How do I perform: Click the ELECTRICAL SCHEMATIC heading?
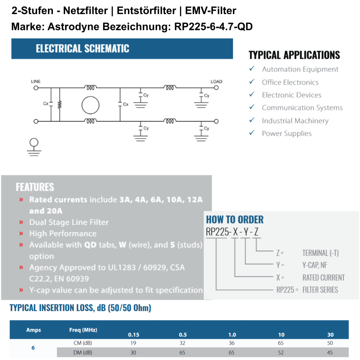coord(82,49)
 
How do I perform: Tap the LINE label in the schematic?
coord(36,81)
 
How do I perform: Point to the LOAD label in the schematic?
coord(216,81)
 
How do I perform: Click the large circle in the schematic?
coord(90,105)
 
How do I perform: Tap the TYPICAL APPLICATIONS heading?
coord(294,55)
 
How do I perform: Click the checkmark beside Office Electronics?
coord(251,82)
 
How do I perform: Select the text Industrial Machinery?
coord(295,121)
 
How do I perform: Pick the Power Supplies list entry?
coord(287,133)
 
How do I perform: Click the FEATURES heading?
coord(35,187)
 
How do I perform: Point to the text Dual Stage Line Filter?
coord(69,222)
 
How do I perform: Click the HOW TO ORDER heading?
coord(235,220)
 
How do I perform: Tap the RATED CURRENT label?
coord(323,277)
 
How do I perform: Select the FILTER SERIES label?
coord(320,289)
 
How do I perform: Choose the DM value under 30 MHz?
coord(331,352)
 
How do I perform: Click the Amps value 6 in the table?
coord(33,348)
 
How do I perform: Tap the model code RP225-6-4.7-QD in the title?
coord(213,27)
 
